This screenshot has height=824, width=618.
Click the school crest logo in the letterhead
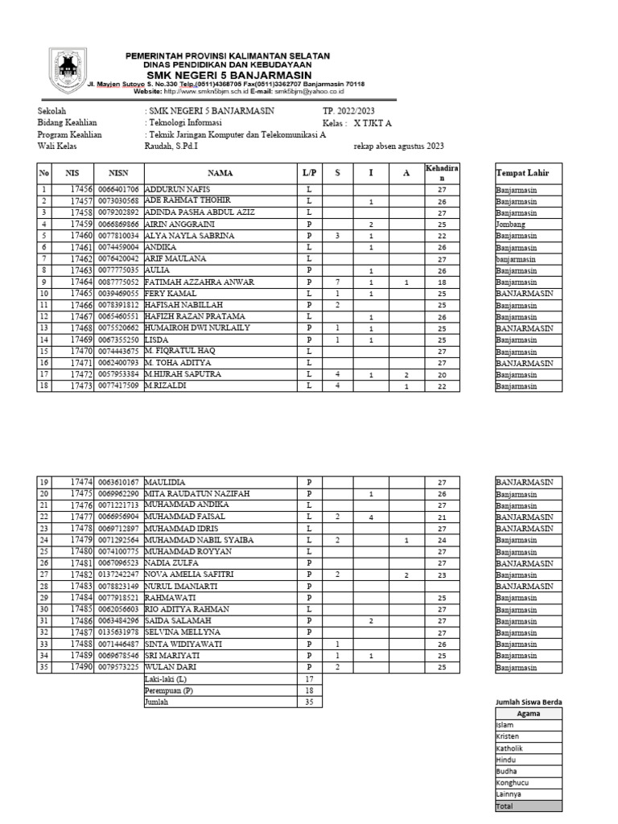67,69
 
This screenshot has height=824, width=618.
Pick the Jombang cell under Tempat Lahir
510,225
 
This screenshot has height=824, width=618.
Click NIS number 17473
83,387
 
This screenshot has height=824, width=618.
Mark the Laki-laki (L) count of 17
309,679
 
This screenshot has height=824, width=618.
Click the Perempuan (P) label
169,690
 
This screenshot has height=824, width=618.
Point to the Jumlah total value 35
309,702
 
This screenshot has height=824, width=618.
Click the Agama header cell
528,714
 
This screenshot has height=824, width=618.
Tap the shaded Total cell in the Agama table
528,806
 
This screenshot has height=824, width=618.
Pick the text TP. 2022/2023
348,111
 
